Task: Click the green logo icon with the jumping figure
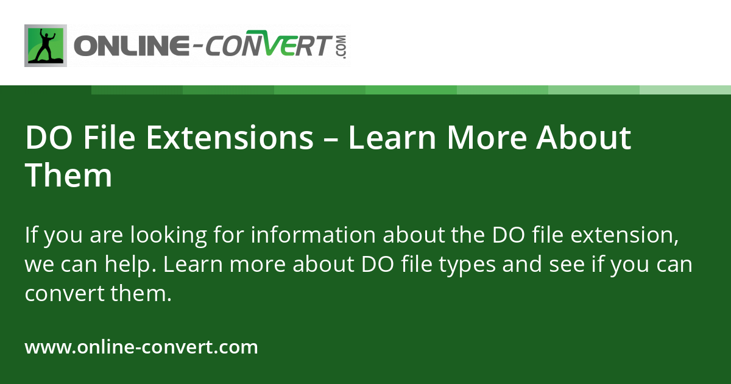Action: [46, 46]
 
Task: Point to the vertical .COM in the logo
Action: [341, 46]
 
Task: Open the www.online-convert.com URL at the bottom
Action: [141, 347]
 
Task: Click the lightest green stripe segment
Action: [685, 90]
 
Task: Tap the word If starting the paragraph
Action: [30, 235]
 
